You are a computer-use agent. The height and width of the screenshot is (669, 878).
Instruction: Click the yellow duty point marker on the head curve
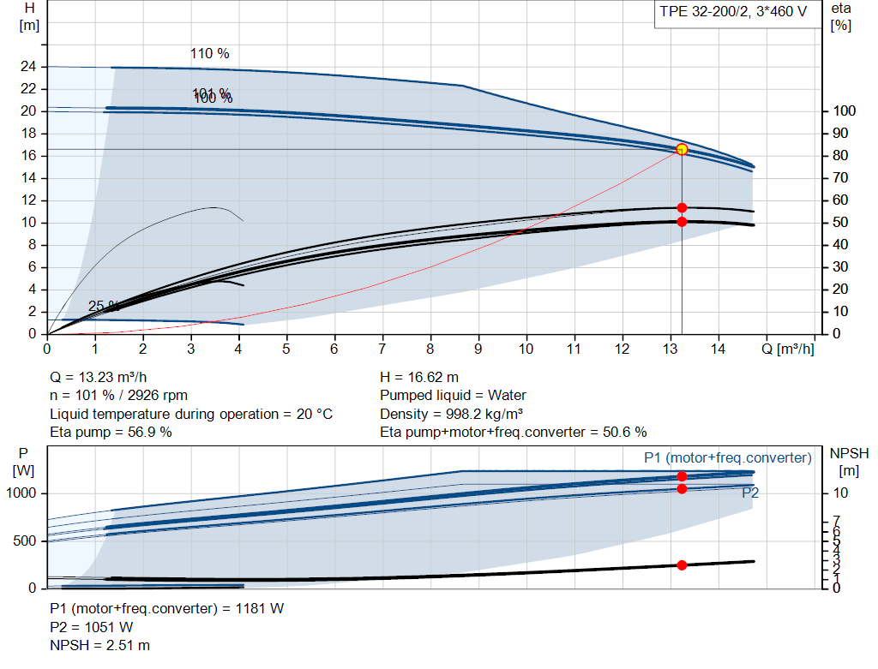point(682,149)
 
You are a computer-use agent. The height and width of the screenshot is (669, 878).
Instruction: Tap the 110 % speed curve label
point(210,53)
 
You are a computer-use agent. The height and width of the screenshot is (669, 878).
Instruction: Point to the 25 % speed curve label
point(103,306)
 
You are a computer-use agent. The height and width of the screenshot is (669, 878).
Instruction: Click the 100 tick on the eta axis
point(844,111)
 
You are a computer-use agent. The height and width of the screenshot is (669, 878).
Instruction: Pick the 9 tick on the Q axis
point(478,349)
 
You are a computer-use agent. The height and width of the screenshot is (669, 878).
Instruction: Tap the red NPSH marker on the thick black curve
point(682,564)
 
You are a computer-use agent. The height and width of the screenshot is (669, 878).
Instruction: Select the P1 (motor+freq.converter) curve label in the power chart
point(727,458)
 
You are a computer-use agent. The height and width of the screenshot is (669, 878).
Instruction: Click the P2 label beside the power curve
point(750,493)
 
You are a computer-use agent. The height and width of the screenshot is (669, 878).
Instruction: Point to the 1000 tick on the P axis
point(23,493)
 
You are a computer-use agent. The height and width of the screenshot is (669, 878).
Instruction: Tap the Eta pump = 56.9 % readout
point(111,432)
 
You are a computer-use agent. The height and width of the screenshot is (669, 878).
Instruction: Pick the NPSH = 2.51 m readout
point(100,645)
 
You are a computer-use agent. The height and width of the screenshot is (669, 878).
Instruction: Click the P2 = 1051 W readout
point(92,627)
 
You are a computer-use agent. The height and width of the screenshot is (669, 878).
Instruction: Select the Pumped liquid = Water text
point(453,395)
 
